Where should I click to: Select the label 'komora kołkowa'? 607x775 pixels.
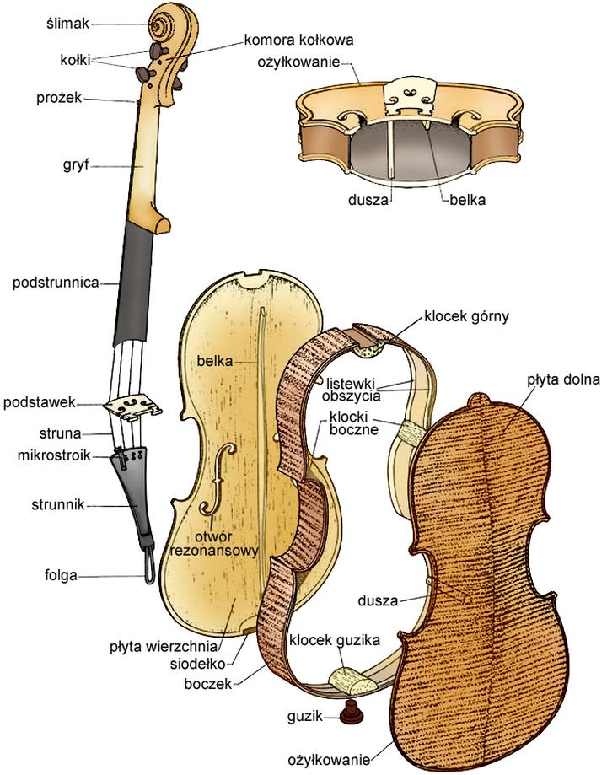click(x=298, y=39)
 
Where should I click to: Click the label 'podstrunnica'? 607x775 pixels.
click(x=56, y=283)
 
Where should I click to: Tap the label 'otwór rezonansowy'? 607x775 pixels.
click(x=214, y=543)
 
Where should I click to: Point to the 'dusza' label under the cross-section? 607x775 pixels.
click(x=368, y=202)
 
